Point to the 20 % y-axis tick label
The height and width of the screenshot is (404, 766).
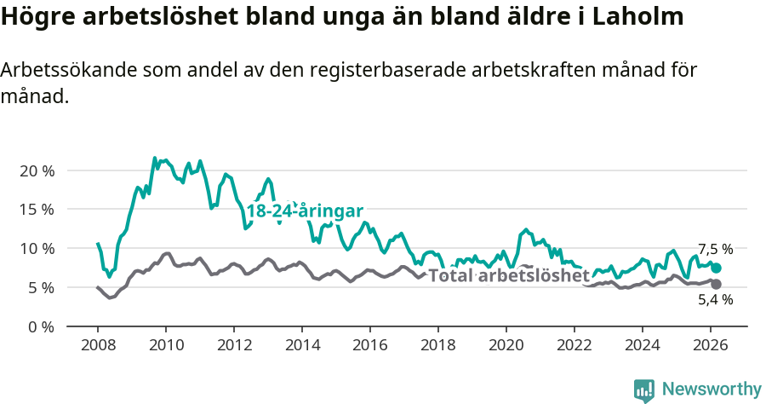[x=37, y=170]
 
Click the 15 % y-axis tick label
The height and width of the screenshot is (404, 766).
[x=37, y=210]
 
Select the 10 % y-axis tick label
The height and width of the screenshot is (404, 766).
[x=37, y=249]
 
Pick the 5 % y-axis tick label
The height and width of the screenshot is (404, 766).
[x=41, y=288]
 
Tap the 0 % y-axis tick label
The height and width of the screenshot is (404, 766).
[x=41, y=326]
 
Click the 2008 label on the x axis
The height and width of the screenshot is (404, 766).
[x=98, y=345]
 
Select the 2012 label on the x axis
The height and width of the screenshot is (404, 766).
[x=234, y=345]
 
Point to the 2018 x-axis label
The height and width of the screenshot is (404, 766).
[x=438, y=345]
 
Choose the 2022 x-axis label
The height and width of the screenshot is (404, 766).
[x=574, y=345]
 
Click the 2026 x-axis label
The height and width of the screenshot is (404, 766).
[x=711, y=345]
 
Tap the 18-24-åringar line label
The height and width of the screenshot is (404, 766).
[x=305, y=211]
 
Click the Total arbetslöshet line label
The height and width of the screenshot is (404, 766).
[x=508, y=276]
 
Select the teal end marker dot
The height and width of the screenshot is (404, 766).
[x=716, y=268]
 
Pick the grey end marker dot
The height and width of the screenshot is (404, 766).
[x=716, y=284]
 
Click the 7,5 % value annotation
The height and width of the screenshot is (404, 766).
[x=715, y=250]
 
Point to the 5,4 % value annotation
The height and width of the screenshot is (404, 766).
[x=715, y=300]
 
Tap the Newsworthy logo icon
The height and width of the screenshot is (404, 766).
[x=644, y=390]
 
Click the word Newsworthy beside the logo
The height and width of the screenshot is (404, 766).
[x=711, y=390]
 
